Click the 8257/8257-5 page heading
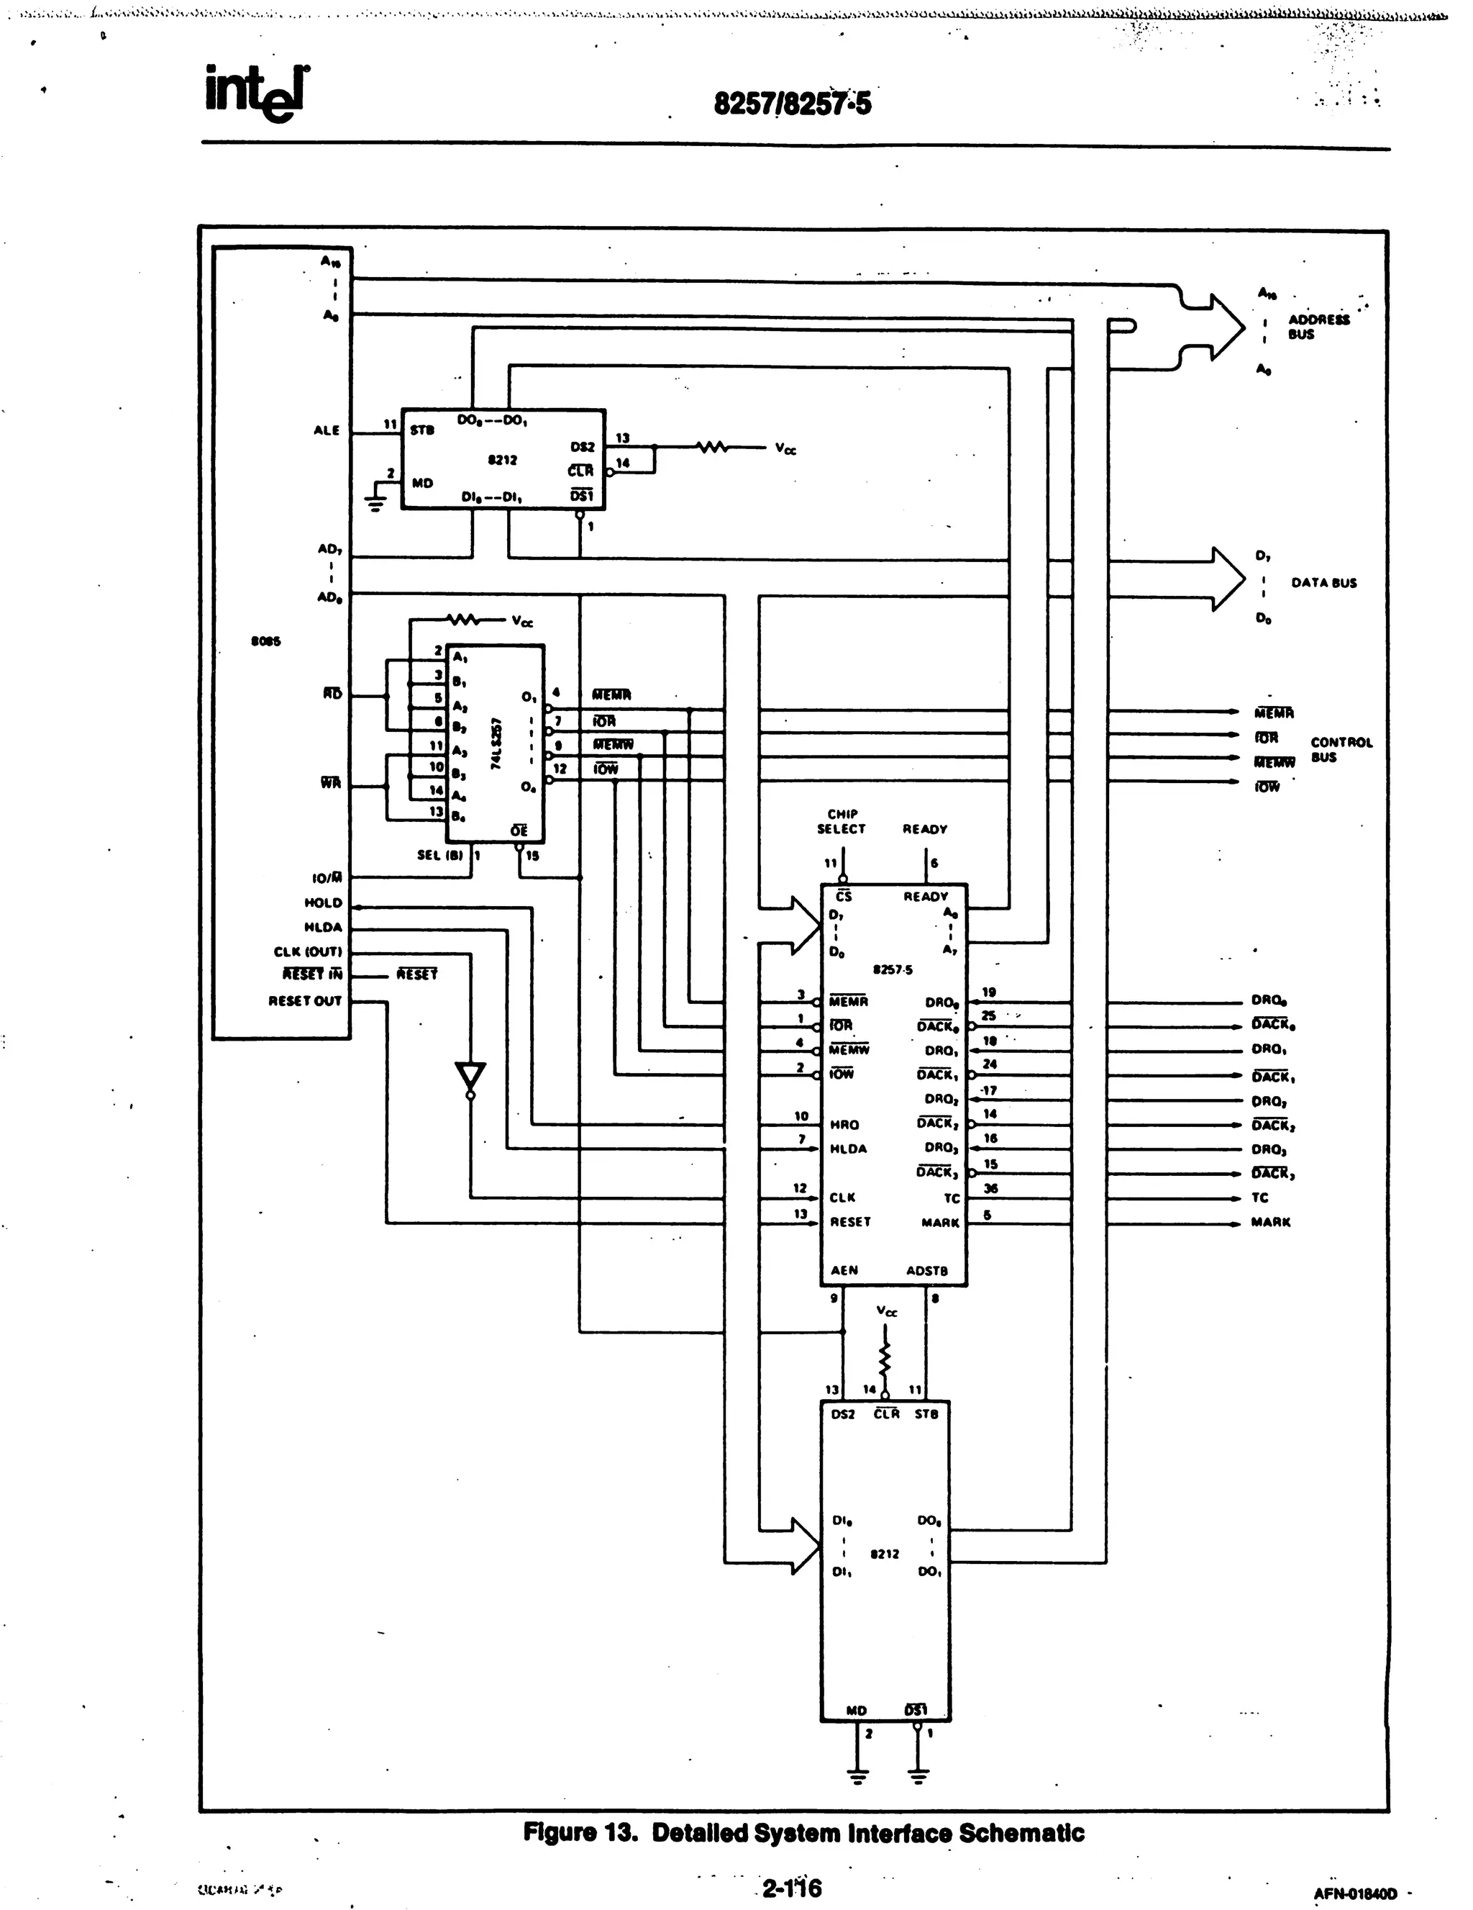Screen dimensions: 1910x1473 pyautogui.click(x=792, y=104)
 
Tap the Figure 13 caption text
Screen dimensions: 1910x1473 pyautogui.click(x=803, y=1832)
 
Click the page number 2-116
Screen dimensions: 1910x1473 pyautogui.click(x=792, y=1887)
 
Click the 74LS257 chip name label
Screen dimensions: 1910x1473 pyautogui.click(x=496, y=743)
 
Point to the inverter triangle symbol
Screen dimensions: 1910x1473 pyautogui.click(x=470, y=1077)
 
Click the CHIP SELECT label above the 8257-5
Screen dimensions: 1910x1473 pyautogui.click(x=841, y=821)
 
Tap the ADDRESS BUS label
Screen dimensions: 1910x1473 pyautogui.click(x=1318, y=326)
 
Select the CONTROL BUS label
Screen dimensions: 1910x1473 pyautogui.click(x=1340, y=749)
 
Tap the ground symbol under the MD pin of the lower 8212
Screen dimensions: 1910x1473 pyautogui.click(x=857, y=1775)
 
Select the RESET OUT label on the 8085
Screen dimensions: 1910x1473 pyautogui.click(x=304, y=1000)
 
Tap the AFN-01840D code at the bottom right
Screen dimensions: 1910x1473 pyautogui.click(x=1354, y=1894)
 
